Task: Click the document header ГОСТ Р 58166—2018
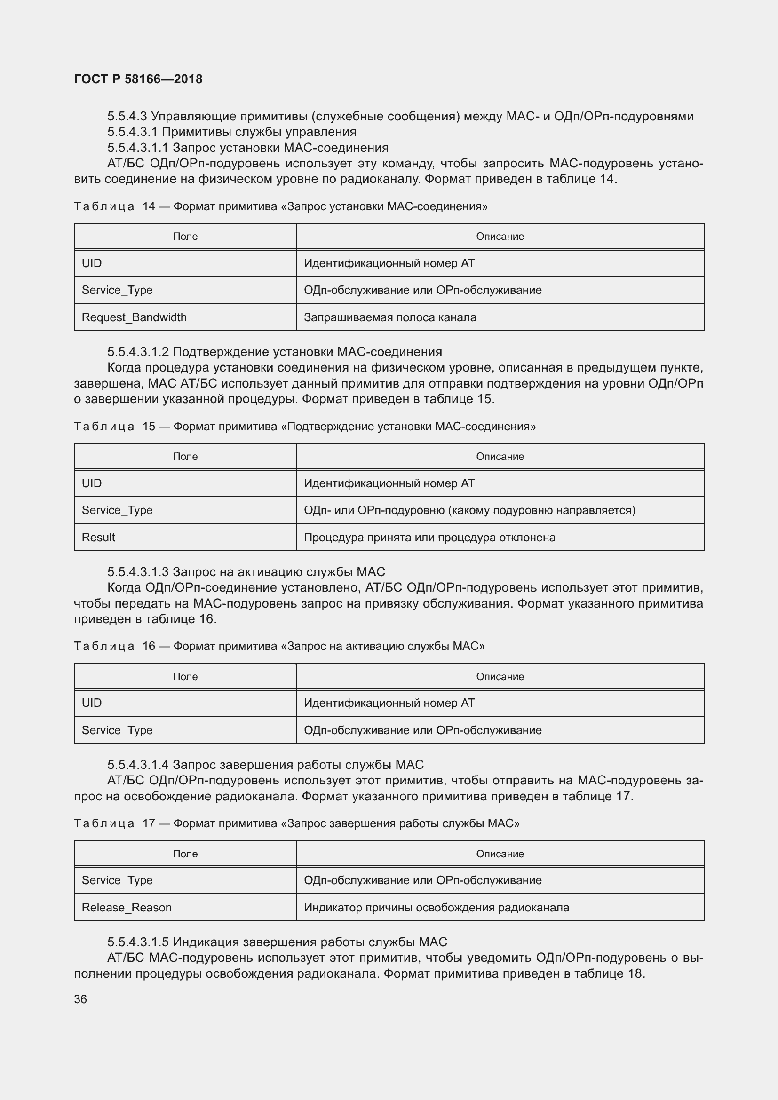138,79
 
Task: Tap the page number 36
80,999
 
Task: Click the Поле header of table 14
185,236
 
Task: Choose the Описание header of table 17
500,854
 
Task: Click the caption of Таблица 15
305,427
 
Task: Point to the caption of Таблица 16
279,646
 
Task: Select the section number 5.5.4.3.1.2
138,352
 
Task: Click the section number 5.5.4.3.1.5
138,942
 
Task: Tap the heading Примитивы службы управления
259,132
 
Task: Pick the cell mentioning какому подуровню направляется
469,510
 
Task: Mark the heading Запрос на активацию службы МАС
279,571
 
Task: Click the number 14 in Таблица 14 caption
149,206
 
